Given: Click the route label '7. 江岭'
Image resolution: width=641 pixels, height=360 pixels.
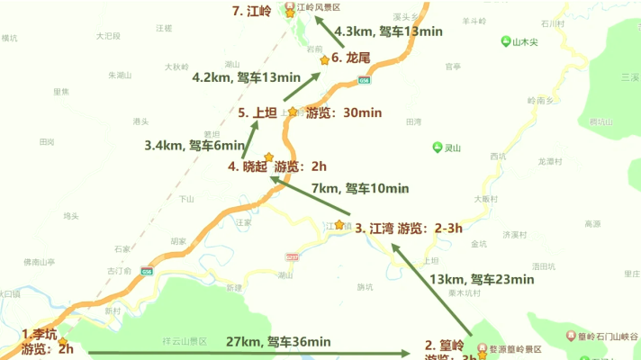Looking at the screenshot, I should tap(253, 12).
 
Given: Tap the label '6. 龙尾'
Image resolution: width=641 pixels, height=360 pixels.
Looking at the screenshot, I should tap(351, 58).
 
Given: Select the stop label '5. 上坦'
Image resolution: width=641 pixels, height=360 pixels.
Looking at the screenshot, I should tap(257, 112).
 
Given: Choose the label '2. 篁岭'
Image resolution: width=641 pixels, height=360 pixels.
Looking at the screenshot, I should tap(445, 346).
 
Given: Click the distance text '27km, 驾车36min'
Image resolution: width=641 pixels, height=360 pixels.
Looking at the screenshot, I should tap(278, 341).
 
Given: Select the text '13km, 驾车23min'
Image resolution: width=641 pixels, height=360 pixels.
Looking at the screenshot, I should tap(481, 279).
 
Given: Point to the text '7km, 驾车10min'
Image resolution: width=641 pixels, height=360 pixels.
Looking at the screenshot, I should tap(359, 189).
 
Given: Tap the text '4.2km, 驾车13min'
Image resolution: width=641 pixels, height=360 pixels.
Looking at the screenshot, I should tap(245, 77).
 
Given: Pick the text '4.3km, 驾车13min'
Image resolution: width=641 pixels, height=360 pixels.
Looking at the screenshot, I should tap(388, 31).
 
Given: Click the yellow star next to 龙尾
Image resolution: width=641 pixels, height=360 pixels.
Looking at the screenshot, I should tap(325, 60).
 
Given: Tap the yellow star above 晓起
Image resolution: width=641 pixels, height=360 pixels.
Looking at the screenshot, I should tap(268, 157).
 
